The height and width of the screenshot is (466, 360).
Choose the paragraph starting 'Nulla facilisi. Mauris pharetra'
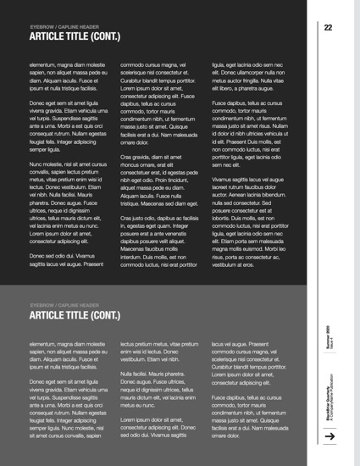156,386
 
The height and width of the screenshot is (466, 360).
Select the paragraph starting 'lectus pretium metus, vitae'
156,351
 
